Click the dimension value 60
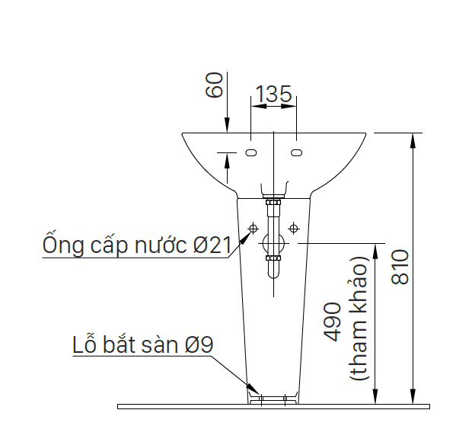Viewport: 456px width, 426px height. [x=215, y=85]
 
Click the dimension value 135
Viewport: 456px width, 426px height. [x=273, y=94]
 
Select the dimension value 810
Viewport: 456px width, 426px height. [x=400, y=267]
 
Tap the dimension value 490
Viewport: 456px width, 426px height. [x=332, y=322]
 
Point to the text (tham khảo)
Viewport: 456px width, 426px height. [x=359, y=318]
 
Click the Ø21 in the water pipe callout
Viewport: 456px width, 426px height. [x=212, y=245]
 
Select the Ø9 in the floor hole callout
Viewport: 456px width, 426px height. [x=199, y=344]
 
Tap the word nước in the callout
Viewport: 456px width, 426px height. [x=161, y=245]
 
